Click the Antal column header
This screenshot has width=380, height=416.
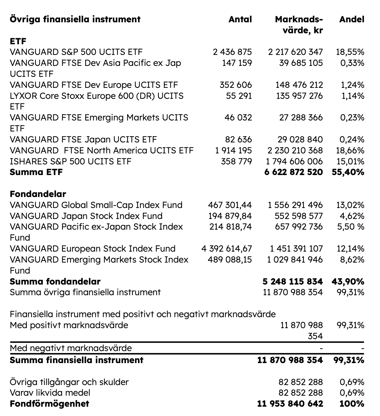pyautogui.click(x=240, y=19)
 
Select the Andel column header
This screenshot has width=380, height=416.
pyautogui.click(x=352, y=19)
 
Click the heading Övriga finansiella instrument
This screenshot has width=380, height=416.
pyautogui.click(x=75, y=19)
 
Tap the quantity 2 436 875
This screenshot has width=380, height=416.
pyautogui.click(x=232, y=52)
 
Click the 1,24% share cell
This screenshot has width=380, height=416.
pyautogui.click(x=352, y=85)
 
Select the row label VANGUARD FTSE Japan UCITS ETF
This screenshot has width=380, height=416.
pyautogui.click(x=83, y=139)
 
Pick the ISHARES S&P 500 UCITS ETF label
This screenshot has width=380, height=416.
pyautogui.click(x=71, y=161)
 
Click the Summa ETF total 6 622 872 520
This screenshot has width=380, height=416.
pyautogui.click(x=294, y=172)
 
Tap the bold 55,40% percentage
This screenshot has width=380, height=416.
pyautogui.click(x=348, y=172)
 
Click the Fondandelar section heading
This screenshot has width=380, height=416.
pyautogui.click(x=38, y=194)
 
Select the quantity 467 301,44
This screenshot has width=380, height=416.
pyautogui.click(x=230, y=205)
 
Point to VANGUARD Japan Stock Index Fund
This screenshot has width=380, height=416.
pyautogui.click(x=86, y=216)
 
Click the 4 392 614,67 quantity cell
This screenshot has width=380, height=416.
pyautogui.click(x=227, y=249)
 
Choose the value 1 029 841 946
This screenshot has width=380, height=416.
pyautogui.click(x=295, y=260)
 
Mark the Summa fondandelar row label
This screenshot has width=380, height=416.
pyautogui.click(x=55, y=282)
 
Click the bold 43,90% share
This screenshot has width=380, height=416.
pyautogui.click(x=348, y=282)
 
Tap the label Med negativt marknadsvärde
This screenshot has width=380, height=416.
pyautogui.click(x=71, y=348)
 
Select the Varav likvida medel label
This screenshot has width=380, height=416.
pyautogui.click(x=50, y=393)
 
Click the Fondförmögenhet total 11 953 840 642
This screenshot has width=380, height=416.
pyautogui.click(x=290, y=404)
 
